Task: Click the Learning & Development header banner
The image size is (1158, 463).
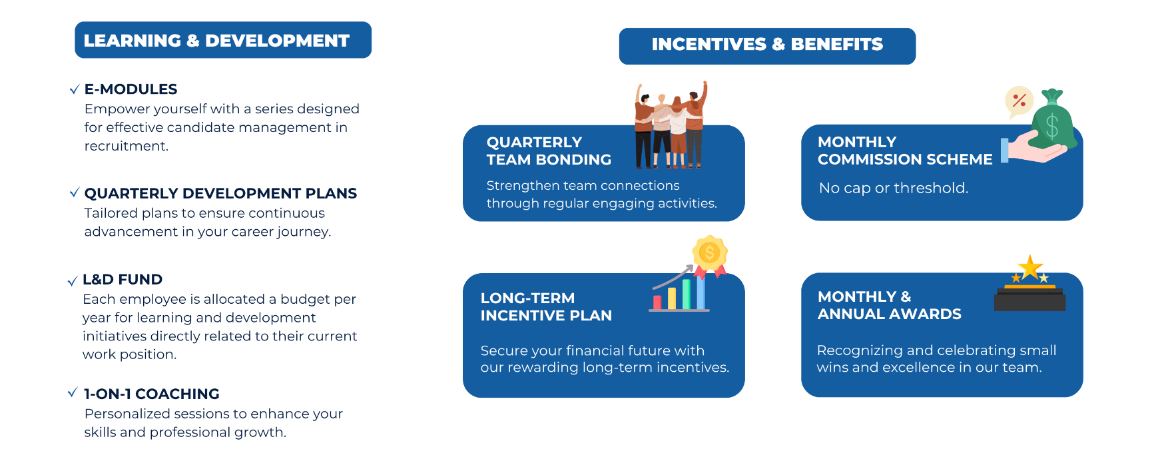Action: [223, 40]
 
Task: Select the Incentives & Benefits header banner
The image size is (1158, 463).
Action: [767, 46]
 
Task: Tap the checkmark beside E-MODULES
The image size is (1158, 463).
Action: [75, 90]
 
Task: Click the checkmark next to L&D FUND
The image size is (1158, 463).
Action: [73, 281]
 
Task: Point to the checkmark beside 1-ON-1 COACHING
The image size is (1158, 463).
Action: [73, 393]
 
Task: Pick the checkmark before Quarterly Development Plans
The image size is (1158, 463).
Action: [75, 193]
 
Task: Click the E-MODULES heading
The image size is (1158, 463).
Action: [131, 89]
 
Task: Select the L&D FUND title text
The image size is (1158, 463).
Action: [123, 280]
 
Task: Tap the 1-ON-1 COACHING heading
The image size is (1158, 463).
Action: [152, 394]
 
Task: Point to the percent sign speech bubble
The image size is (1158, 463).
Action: [1019, 101]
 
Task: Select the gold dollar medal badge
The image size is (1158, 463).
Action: [710, 255]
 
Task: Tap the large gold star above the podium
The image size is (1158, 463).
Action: [1030, 268]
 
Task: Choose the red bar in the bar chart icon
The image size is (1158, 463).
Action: [657, 302]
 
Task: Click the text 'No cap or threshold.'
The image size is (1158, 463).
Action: [894, 189]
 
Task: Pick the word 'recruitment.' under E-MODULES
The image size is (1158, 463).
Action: [127, 147]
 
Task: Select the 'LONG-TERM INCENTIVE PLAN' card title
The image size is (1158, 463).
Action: [546, 307]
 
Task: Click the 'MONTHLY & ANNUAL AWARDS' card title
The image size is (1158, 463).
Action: [890, 306]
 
